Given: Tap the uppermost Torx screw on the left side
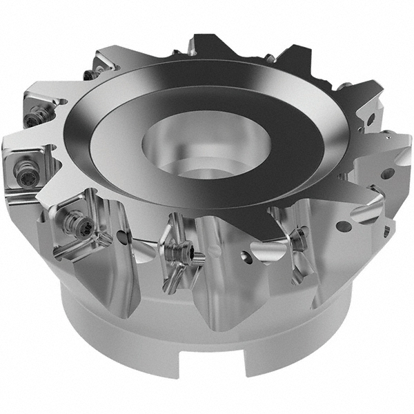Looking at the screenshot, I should pos(90,75).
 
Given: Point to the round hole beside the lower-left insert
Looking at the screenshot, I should pos(123,238).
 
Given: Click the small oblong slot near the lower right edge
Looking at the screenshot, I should pos(386,231).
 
